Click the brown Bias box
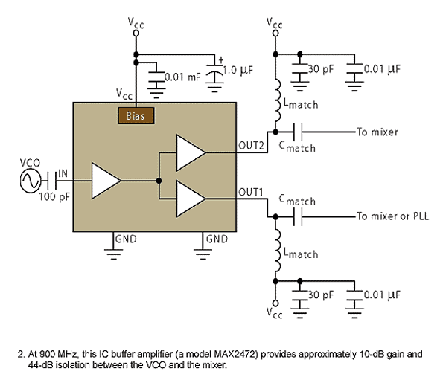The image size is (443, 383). pos(136,116)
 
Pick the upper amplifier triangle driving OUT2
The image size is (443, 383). pos(190,152)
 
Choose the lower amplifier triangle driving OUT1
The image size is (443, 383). pos(190,199)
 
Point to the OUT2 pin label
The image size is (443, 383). pos(251,146)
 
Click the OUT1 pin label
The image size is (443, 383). pos(250,192)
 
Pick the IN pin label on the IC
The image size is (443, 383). pos(63,173)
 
